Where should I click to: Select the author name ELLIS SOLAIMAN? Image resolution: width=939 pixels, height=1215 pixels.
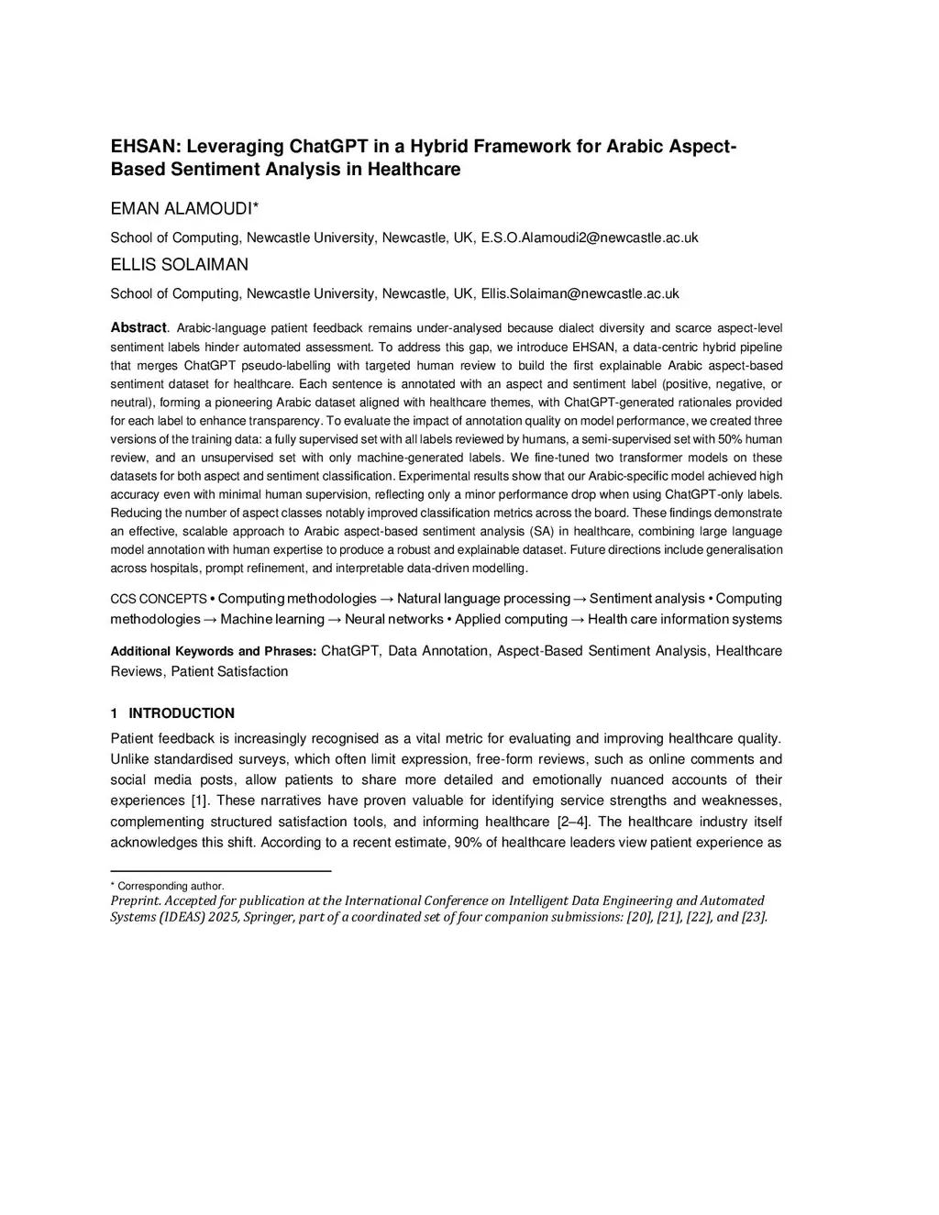pos(179,265)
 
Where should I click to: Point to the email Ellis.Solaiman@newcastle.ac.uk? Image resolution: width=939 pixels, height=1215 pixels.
pos(580,294)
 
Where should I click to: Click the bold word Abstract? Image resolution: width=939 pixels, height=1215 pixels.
pos(138,327)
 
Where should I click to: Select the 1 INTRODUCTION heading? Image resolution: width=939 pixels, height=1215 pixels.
pos(172,713)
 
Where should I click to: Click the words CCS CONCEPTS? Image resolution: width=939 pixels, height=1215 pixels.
pos(159,600)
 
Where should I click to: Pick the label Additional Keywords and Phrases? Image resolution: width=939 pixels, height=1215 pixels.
pos(213,651)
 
